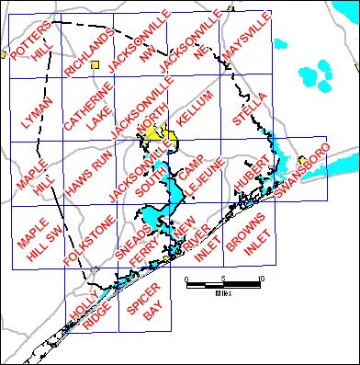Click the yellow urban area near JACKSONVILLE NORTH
coord(163,135)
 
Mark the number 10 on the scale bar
coord(263,279)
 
